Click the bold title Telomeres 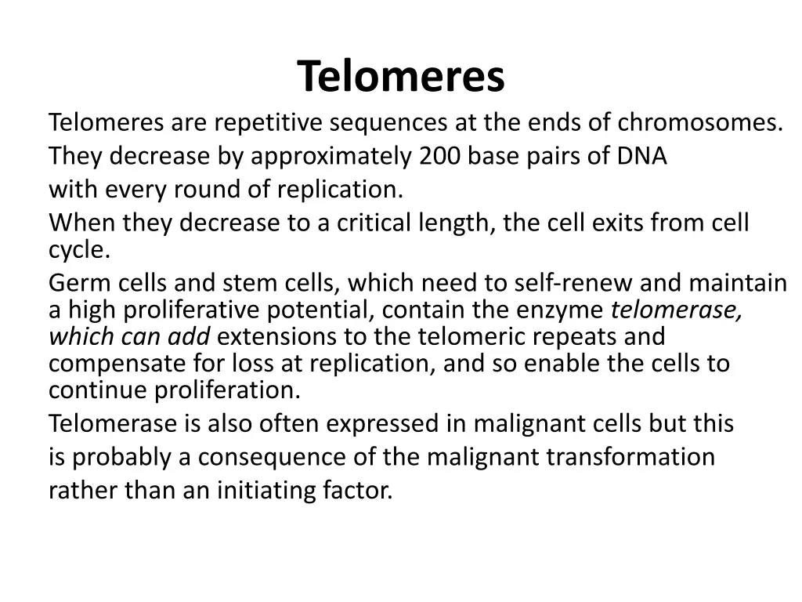[401, 76]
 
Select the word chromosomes [699, 123]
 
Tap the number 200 [440, 157]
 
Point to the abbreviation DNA [641, 157]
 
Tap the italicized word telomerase [677, 310]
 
